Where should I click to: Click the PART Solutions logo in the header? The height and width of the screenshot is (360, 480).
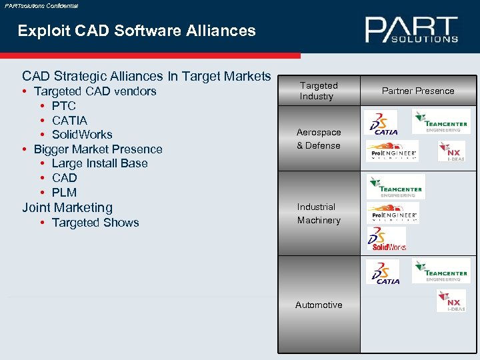411,30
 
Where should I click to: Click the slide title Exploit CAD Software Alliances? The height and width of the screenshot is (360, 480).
137,31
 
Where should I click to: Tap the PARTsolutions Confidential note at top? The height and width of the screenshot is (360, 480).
41,5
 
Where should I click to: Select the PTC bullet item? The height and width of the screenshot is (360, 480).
63,106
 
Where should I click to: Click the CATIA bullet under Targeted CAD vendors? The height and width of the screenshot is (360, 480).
69,121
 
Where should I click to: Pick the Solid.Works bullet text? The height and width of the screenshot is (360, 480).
81,135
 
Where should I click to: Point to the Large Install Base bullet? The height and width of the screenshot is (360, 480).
99,163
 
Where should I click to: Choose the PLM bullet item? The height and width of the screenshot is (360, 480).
64,193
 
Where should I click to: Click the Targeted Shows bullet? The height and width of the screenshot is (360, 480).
95,223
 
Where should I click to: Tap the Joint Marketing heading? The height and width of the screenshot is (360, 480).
67,207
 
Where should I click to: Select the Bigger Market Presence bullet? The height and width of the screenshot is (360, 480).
98,149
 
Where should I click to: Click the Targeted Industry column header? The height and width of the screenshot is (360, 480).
319,91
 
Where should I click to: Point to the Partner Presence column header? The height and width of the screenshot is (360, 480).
418,91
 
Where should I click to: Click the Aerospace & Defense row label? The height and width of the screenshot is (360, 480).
319,139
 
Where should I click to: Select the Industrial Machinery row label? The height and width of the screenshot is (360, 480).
319,213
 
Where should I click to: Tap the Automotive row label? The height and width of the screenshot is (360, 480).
319,305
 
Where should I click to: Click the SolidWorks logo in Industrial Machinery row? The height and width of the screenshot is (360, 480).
387,239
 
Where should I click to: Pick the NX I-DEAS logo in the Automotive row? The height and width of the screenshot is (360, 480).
451,300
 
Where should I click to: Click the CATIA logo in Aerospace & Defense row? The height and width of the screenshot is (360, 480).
383,123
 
